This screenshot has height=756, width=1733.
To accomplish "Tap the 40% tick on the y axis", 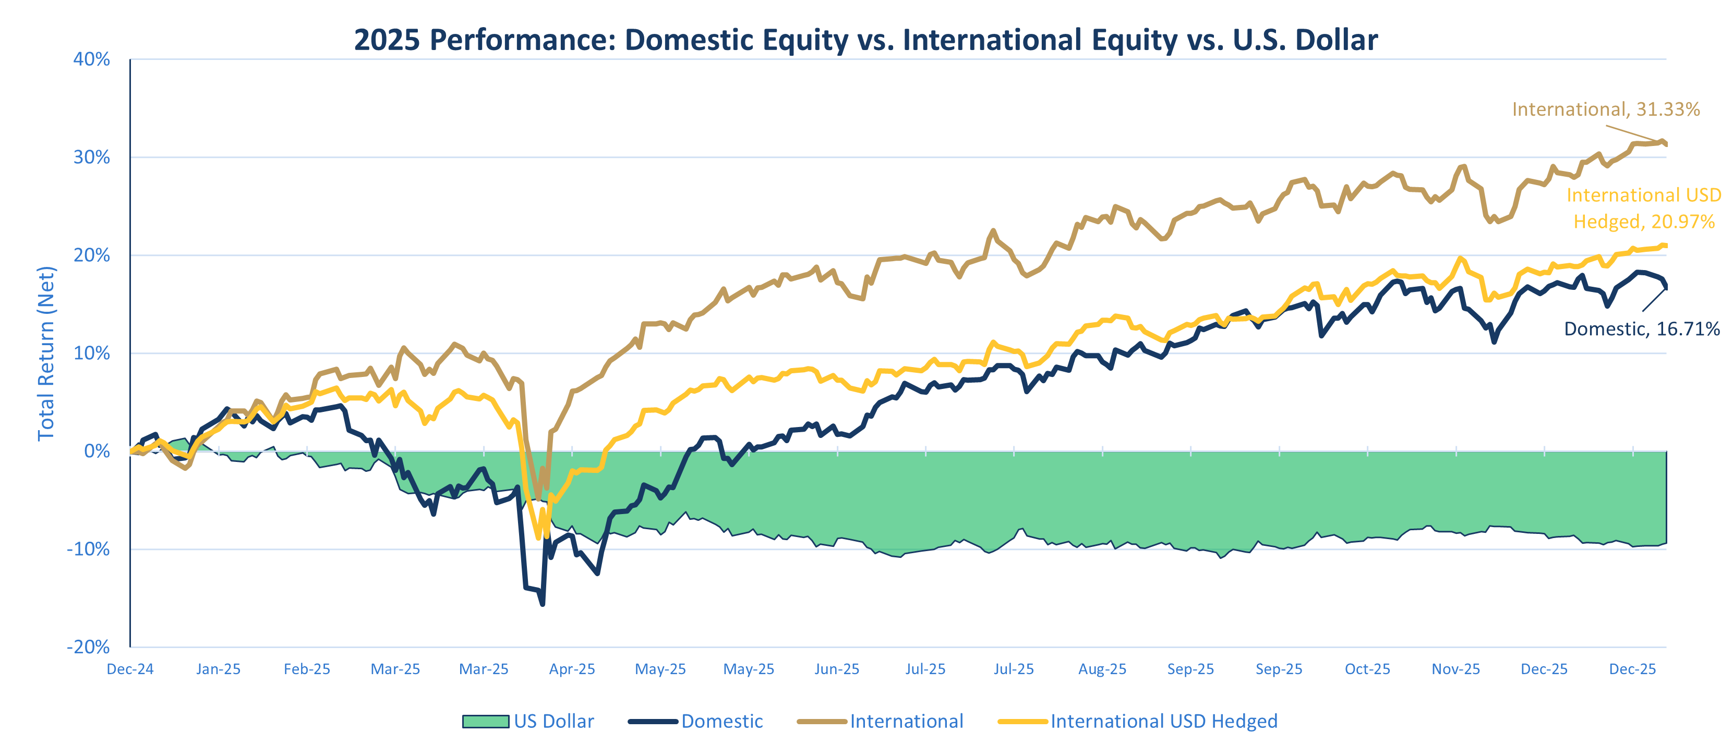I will (91, 59).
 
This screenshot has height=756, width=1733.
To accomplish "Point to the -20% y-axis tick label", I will (88, 647).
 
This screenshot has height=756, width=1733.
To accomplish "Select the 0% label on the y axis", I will (97, 452).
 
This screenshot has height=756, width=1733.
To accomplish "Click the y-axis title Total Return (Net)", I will (46, 354).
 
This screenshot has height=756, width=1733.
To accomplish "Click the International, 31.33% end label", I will (1605, 109).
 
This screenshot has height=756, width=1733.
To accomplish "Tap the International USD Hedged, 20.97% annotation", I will (1643, 209).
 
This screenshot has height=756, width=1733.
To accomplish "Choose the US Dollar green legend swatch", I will (485, 722).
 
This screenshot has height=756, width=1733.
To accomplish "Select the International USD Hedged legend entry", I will (1163, 722).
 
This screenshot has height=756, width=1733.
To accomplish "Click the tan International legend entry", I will (906, 722).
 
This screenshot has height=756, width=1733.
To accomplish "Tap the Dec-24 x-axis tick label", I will (130, 669).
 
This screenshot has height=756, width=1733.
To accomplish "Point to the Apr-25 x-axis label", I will (572, 669).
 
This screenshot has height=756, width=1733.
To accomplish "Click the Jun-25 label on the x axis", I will (837, 669).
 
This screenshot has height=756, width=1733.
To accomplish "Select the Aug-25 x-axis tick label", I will (1102, 669).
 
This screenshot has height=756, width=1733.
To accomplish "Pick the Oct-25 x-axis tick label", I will (1367, 669).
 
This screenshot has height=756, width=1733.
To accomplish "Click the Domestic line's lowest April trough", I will (542, 604).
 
